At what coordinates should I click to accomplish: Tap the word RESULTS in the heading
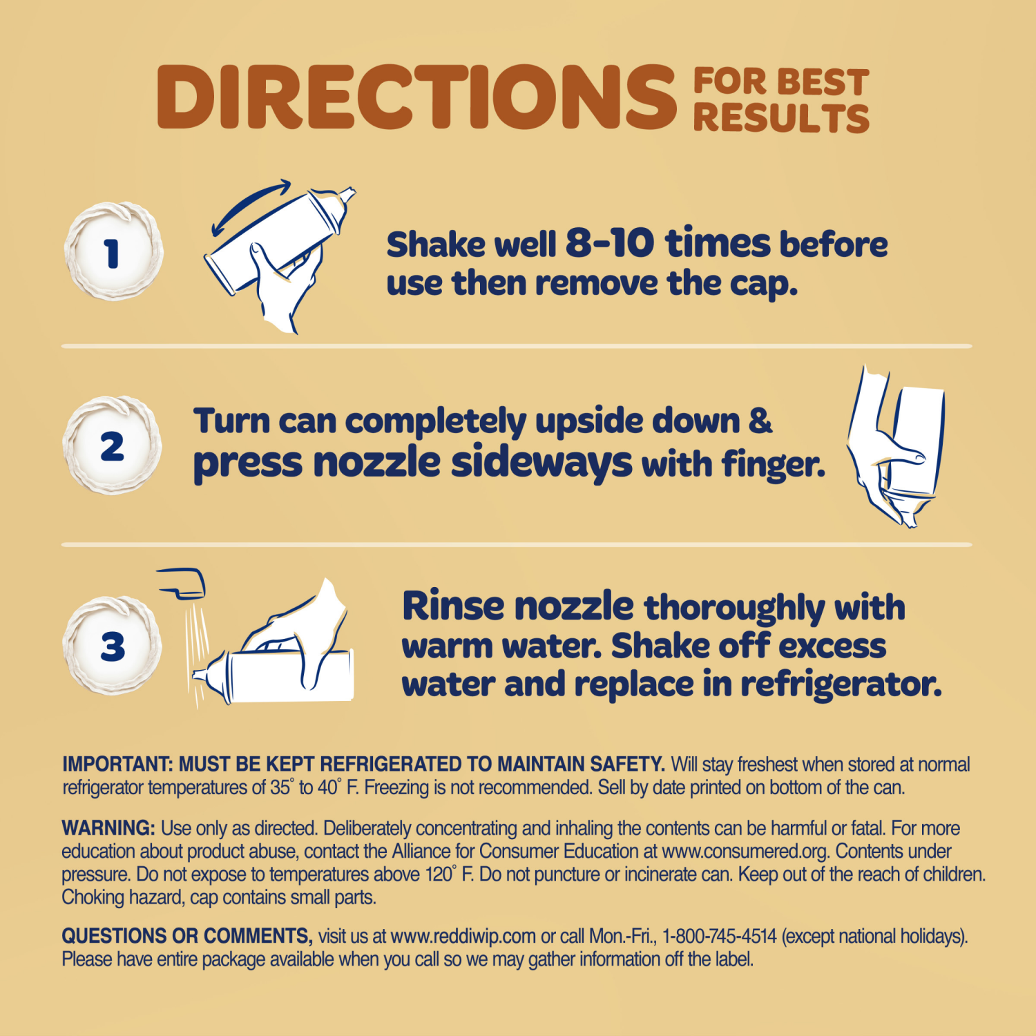pos(780,119)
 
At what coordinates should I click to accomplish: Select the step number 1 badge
pos(113,252)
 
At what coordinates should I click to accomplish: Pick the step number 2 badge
pos(113,445)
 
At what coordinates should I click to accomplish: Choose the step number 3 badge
pos(113,646)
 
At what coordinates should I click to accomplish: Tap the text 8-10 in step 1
pos(609,243)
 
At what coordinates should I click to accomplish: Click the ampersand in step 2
pos(760,420)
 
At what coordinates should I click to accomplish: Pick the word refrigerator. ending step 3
pos(841,684)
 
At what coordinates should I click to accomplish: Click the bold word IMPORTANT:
pos(117,765)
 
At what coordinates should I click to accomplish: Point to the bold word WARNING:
pos(108,828)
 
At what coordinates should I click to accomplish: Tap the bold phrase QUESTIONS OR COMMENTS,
pos(187,936)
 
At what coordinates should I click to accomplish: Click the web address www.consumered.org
pos(745,851)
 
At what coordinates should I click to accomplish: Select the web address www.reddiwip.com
pos(463,937)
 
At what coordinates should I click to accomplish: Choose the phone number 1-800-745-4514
pos(719,937)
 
